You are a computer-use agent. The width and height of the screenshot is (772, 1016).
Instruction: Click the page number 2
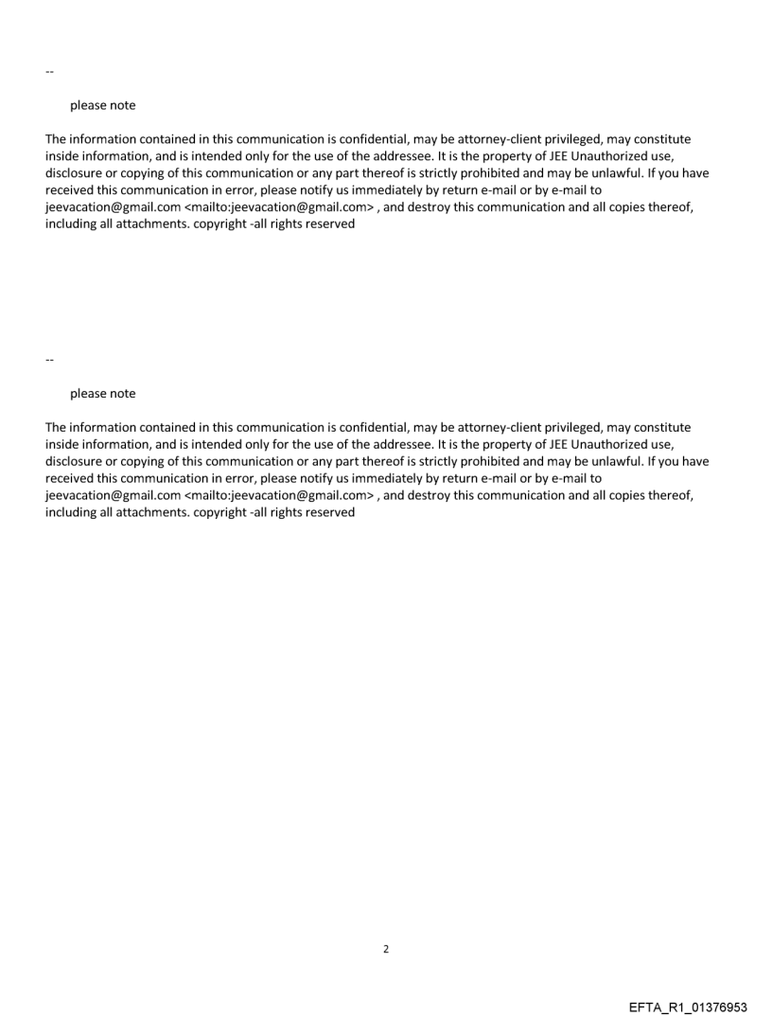click(x=385, y=949)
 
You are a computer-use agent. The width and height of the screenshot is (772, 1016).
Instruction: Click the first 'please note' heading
click(x=102, y=106)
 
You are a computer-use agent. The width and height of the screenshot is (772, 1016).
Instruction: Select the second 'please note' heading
click(x=102, y=394)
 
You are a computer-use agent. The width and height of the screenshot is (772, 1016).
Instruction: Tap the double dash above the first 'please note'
click(x=49, y=72)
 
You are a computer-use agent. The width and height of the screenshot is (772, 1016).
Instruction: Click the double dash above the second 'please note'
click(x=49, y=360)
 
